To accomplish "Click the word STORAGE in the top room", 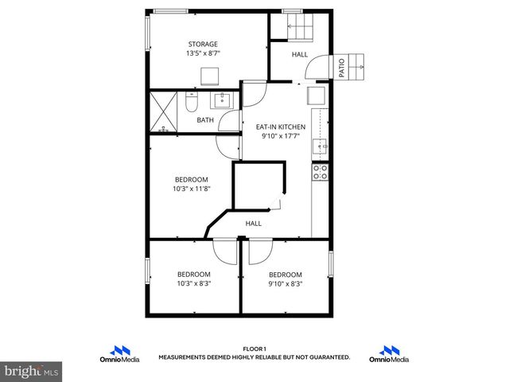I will tap(203, 44).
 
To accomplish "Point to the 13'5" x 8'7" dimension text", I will tap(203, 54).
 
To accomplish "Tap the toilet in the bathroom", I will tap(191, 103).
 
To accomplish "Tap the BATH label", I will tap(205, 121).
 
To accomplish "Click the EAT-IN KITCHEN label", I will tap(279, 127).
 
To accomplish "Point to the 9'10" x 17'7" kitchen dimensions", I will tap(279, 136).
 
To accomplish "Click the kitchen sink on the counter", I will tap(320, 146).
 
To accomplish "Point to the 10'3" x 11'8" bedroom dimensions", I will tap(192, 189).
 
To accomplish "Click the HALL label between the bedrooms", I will tap(253, 224).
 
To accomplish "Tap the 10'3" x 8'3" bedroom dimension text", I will tap(194, 283).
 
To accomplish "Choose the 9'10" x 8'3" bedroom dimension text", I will tap(285, 283).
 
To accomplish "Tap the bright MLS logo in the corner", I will tap(32, 371).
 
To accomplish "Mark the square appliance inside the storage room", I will tap(210, 76).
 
